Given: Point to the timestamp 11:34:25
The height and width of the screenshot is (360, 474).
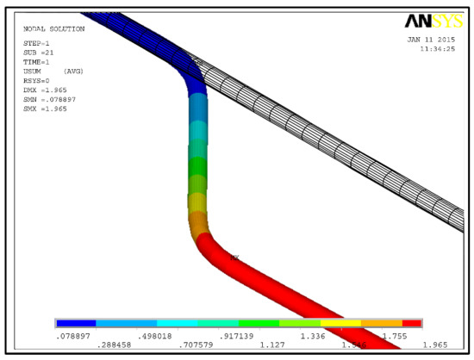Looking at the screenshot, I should tap(435, 49).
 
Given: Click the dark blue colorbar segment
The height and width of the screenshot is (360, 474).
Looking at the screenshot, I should tap(76, 323).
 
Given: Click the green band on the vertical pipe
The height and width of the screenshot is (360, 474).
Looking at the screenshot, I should tap(198, 164).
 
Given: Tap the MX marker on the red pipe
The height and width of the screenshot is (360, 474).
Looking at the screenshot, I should tap(234, 257).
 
